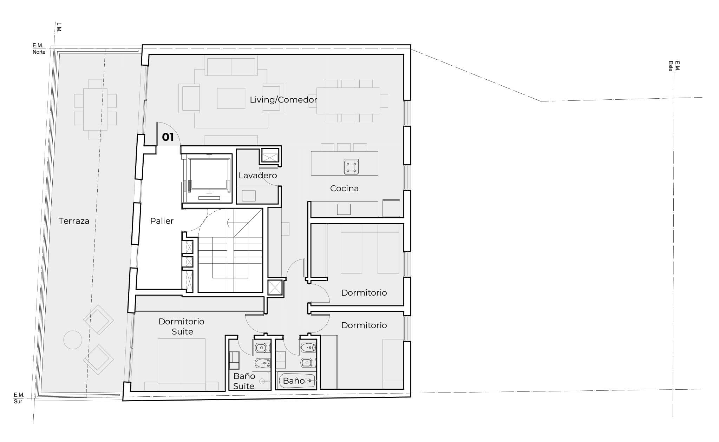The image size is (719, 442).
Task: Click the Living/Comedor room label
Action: [x=283, y=100]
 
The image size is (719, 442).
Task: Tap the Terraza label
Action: [x=74, y=221]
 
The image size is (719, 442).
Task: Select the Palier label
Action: [x=162, y=221]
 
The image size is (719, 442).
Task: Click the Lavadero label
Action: [x=258, y=176]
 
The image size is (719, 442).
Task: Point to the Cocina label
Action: [x=344, y=189]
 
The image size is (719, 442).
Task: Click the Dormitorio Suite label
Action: [x=182, y=326]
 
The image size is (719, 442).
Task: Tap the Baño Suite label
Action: [x=244, y=381]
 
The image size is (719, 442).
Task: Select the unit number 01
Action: [x=168, y=137]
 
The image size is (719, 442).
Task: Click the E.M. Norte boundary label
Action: [x=39, y=49]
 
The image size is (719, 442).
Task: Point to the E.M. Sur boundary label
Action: [x=19, y=398]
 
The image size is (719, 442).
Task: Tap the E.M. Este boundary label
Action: [x=674, y=66]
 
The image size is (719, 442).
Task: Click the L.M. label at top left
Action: [x=59, y=27]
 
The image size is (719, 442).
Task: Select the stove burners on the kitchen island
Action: [x=351, y=166]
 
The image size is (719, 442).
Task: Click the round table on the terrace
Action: [x=73, y=340]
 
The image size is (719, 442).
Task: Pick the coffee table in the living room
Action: [x=231, y=98]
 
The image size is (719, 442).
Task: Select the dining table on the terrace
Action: [x=95, y=110]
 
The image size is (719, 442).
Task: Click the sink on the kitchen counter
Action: [x=344, y=209]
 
